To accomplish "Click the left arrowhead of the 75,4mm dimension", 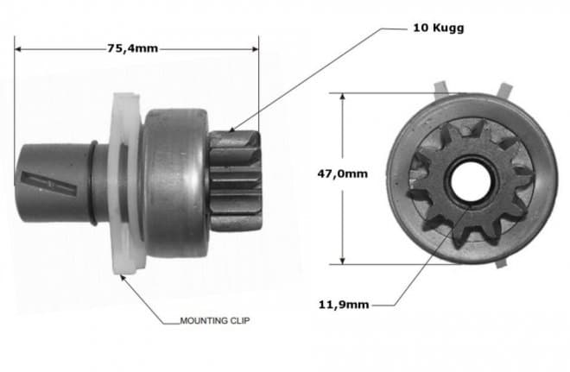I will (19, 49).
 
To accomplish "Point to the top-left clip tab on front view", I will (440, 87).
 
